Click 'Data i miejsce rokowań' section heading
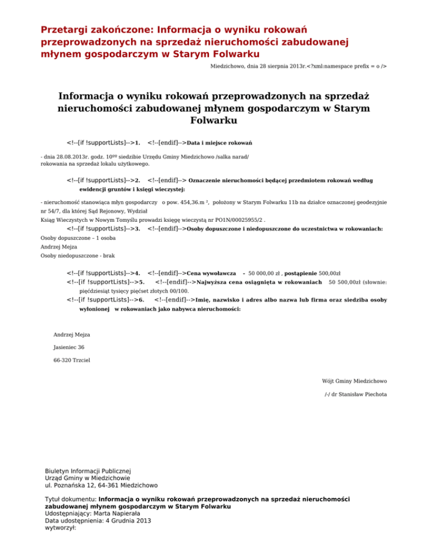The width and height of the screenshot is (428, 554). click(220, 143)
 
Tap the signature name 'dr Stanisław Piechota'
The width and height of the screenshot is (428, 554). click(360, 395)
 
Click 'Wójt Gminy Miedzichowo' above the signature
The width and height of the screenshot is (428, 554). click(354, 381)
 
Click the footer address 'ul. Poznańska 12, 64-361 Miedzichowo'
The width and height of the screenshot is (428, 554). click(100, 485)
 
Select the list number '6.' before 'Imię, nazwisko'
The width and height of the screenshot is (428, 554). click(142, 300)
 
